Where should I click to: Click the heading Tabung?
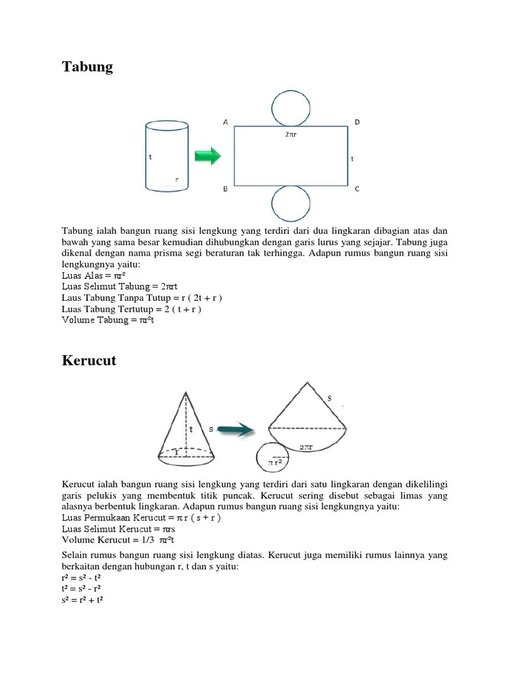tap(88, 67)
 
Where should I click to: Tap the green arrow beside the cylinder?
tap(207, 157)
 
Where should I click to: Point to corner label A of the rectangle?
tap(226, 122)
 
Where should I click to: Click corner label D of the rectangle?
tap(357, 122)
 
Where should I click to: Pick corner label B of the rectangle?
tap(226, 189)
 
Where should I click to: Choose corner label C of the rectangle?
tap(357, 189)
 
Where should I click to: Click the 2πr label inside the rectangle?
tap(291, 133)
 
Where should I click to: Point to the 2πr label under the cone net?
tap(306, 448)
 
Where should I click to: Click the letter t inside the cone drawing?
tap(191, 430)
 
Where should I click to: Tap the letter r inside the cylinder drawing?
tap(177, 179)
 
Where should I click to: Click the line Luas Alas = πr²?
tap(94, 275)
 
